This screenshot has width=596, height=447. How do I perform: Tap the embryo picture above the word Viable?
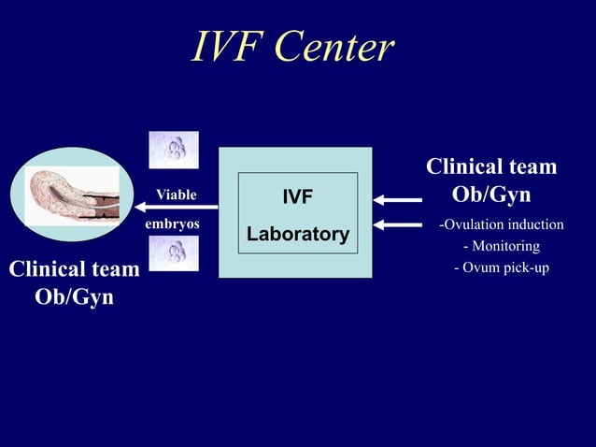pos(174,150)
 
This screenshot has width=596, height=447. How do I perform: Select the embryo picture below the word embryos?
pos(174,253)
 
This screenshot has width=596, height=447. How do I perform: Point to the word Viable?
pos(176,195)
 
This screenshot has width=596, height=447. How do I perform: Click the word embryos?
pos(172,225)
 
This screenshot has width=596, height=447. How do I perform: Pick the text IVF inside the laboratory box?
pos(297,197)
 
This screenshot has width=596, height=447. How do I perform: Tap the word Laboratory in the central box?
pos(297,233)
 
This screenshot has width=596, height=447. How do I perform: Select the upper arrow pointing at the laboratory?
pos(396,198)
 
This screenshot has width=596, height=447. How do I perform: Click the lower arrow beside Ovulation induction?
pos(396,224)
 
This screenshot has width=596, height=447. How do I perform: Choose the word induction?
pos(532,224)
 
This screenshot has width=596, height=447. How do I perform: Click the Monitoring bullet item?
pos(502,246)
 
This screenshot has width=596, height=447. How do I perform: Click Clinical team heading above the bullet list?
pos(491,167)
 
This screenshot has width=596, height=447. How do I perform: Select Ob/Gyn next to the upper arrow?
pos(491,195)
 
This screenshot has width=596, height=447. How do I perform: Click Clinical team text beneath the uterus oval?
pos(74,270)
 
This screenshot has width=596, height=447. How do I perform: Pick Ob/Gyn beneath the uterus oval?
pos(74,298)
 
